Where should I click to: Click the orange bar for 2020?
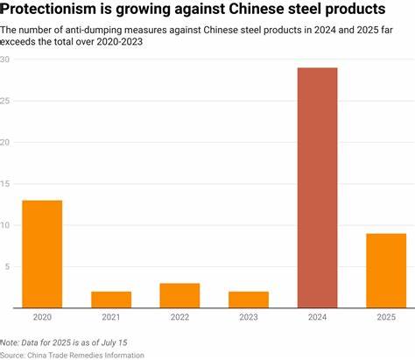42,254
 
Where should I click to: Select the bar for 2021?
111,300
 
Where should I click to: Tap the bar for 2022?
179,295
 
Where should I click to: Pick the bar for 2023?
249,300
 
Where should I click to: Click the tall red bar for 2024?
317,187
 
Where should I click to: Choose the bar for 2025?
386,271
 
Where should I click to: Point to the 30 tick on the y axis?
6,60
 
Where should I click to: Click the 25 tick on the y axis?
6,101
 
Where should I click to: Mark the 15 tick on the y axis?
6,184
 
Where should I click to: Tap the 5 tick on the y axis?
4,266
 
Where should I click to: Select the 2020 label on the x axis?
42,317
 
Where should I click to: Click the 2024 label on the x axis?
317,317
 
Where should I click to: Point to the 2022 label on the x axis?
179,317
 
